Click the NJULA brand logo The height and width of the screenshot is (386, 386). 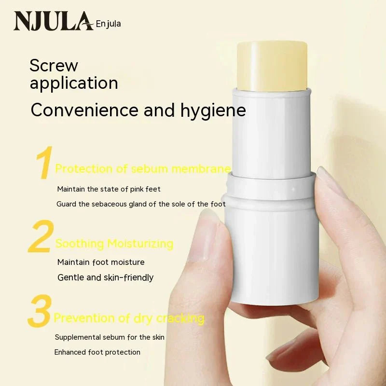coord(53,21)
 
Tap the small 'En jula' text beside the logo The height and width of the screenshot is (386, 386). coord(109,23)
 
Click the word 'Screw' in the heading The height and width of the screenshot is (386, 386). coord(54,65)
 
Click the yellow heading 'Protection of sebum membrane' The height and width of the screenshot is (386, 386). coord(143,169)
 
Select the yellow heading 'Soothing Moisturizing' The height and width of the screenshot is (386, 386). coord(114,244)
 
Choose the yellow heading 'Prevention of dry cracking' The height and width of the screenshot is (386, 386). coord(129,318)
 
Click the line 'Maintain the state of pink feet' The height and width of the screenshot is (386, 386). coord(109,189)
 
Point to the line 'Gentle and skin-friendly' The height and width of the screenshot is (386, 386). coord(105,277)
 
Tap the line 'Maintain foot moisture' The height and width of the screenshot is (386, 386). coord(101,262)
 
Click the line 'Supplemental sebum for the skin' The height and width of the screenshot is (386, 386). coord(110,337)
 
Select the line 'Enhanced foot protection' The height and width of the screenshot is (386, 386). coord(97,352)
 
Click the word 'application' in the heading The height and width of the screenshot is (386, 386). coord(74,83)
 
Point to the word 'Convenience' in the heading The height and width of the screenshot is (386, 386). coord(85,110)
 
